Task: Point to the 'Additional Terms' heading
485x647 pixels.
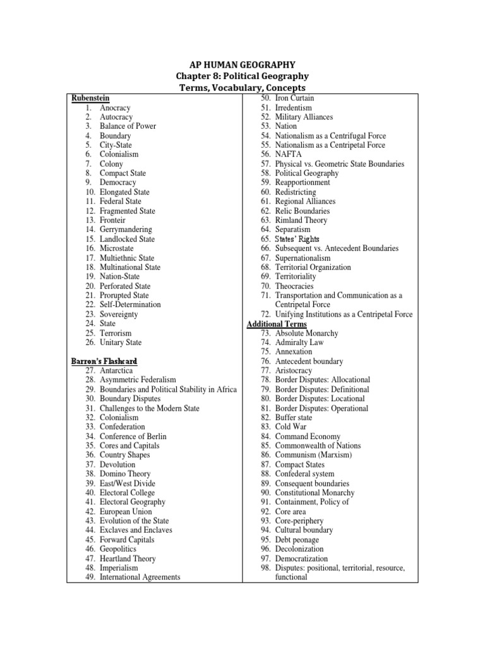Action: (277, 324)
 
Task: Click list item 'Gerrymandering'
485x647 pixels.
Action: (126, 230)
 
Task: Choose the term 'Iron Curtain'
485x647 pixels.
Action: (295, 99)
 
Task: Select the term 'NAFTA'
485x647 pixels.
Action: (289, 154)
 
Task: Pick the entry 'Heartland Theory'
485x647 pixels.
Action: (128, 559)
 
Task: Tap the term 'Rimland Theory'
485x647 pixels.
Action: (301, 221)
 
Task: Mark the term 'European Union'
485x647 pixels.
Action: (126, 512)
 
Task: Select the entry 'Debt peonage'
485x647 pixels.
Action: (297, 540)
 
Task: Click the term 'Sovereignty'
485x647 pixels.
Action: (119, 314)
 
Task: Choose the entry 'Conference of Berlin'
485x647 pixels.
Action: (135, 437)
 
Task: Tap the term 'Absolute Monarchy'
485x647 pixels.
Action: (307, 333)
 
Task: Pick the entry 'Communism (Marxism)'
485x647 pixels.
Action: (313, 455)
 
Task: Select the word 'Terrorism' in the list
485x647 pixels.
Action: (116, 333)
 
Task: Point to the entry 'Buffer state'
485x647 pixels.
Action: (294, 418)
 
